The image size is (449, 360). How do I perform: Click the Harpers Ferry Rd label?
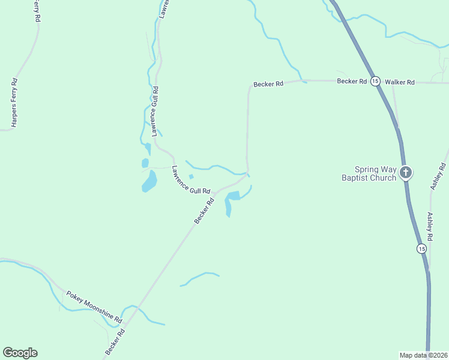[x=14, y=103]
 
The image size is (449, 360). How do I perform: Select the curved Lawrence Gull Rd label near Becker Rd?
[x=191, y=180]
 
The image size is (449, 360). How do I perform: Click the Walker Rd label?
[x=400, y=82]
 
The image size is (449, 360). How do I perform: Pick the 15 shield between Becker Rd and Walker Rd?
[x=375, y=81]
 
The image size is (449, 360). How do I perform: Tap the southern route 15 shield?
[x=422, y=248]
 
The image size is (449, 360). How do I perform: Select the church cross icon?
[x=406, y=173]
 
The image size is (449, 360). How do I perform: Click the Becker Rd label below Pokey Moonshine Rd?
[x=115, y=340]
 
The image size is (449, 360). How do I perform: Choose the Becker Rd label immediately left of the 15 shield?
[x=352, y=81]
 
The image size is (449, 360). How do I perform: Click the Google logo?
[x=20, y=353]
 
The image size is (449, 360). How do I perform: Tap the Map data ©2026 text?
[x=423, y=355]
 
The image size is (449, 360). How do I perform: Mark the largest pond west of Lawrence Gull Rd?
[x=149, y=181]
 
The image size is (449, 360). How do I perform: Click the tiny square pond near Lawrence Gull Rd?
[x=191, y=176]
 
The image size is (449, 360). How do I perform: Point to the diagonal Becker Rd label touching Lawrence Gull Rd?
[x=204, y=212]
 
